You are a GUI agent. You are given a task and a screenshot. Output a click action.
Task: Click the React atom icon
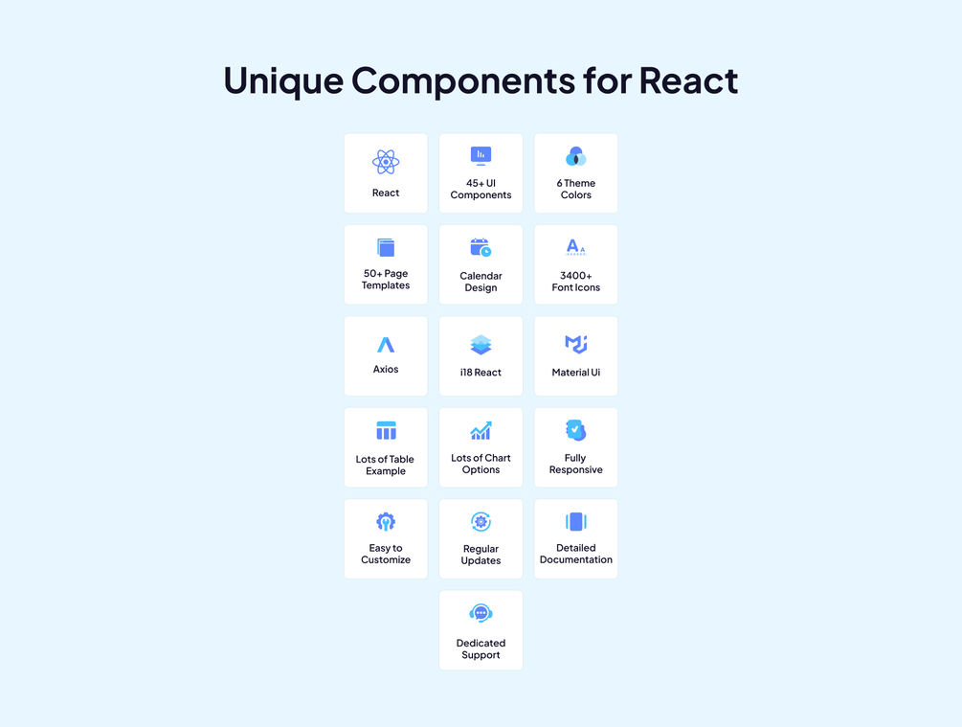[386, 162]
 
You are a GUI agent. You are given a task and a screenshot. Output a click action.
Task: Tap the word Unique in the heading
[283, 81]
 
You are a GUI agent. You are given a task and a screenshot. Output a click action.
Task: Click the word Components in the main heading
[463, 81]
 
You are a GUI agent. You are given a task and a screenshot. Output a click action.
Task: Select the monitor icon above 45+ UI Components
[481, 156]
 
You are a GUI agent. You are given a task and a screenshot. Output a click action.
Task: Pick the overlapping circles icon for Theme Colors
[575, 156]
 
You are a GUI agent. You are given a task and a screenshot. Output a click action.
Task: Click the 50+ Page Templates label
[386, 280]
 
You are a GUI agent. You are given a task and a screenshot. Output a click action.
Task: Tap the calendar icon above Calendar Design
[481, 247]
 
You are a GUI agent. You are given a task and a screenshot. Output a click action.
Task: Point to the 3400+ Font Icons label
[575, 282]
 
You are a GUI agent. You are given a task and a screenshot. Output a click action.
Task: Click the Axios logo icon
[386, 345]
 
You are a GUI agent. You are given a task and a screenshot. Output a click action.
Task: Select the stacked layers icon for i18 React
[481, 345]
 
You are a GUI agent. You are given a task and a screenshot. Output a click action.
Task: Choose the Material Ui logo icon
[575, 345]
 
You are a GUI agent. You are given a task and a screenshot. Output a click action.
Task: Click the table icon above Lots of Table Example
[386, 430]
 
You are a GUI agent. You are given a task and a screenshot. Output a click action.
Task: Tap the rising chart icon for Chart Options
[481, 430]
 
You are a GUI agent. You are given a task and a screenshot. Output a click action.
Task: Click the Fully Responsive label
[575, 464]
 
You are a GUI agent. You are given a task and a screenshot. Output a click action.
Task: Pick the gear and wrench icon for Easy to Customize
[386, 522]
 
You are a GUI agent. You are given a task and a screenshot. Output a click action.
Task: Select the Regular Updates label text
[481, 555]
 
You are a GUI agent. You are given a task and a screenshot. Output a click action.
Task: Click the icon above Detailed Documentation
[575, 522]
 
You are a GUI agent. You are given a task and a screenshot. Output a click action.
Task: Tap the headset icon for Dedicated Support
[481, 613]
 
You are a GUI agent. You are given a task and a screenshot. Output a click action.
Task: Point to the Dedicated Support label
[481, 649]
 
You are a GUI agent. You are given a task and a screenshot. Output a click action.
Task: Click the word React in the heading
[688, 81]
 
